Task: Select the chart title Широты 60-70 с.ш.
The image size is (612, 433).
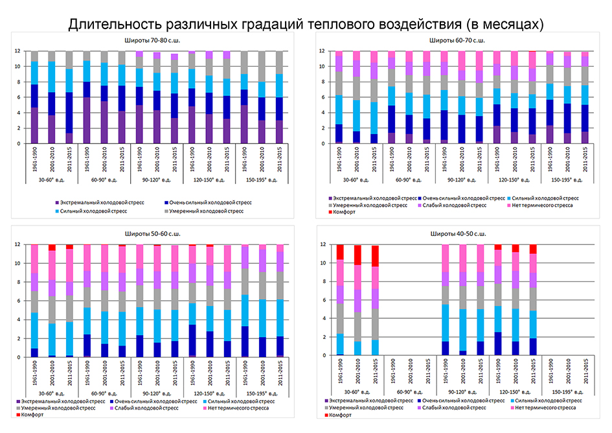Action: click(x=460, y=41)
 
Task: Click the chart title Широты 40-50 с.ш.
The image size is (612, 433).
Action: click(x=460, y=233)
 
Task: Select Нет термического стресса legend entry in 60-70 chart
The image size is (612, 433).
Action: click(x=544, y=204)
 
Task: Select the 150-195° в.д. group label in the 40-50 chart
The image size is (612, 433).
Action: click(x=567, y=392)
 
